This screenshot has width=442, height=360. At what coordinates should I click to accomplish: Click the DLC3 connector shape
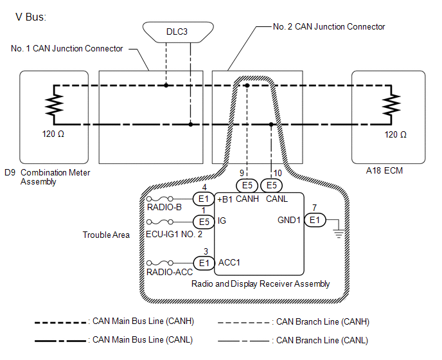178,32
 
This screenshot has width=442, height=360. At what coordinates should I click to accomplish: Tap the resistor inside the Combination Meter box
54,105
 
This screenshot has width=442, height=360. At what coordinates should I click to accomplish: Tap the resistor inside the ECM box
391,105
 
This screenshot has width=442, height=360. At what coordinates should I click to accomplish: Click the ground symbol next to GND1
339,234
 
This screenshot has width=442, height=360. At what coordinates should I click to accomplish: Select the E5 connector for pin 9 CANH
247,185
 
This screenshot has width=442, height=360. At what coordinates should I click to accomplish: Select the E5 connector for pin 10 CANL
271,185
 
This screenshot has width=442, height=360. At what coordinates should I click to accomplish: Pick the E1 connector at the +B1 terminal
204,199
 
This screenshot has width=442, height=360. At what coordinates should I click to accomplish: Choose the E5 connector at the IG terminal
204,222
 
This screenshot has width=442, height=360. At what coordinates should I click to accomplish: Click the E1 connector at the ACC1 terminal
204,263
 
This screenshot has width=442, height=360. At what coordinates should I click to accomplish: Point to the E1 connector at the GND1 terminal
315,220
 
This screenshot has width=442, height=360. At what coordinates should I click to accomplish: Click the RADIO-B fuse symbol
160,199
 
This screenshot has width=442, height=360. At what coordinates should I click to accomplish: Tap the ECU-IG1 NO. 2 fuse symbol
160,222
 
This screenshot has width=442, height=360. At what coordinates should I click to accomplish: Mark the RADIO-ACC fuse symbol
160,263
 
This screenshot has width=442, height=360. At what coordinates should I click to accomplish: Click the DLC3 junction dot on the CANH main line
166,85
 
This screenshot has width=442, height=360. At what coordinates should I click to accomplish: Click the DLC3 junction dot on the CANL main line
191,124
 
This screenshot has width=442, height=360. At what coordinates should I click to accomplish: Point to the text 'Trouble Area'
106,235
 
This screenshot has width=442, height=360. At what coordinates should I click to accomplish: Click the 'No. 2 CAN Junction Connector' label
329,27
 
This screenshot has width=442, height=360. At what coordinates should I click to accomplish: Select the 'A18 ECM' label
384,171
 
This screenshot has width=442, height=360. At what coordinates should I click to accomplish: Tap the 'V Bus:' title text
31,17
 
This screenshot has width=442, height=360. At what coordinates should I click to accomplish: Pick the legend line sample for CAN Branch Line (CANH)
243,323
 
